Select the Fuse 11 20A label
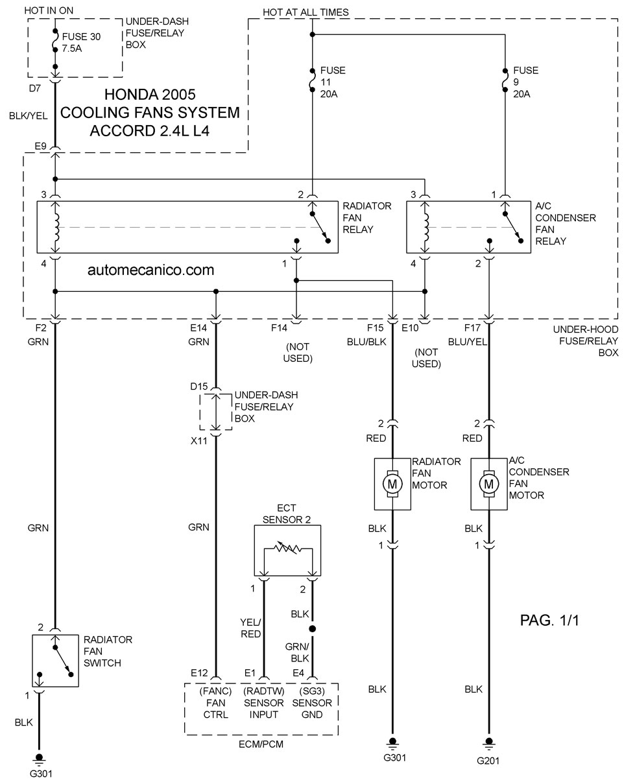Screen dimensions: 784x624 click(333, 82)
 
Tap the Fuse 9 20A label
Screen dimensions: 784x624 click(525, 82)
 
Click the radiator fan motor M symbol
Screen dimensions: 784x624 click(392, 484)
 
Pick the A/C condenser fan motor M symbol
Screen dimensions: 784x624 click(488, 484)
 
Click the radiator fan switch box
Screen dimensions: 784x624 click(55, 660)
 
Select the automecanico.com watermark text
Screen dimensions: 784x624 click(150, 270)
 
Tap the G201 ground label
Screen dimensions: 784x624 click(488, 761)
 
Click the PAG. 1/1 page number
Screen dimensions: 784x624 click(549, 621)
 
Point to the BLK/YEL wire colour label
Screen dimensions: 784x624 click(28, 116)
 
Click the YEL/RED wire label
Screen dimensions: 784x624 click(250, 628)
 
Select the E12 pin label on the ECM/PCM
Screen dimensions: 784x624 click(200, 673)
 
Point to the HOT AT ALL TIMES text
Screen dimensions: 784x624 click(306, 12)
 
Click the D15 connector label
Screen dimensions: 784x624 click(198, 386)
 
